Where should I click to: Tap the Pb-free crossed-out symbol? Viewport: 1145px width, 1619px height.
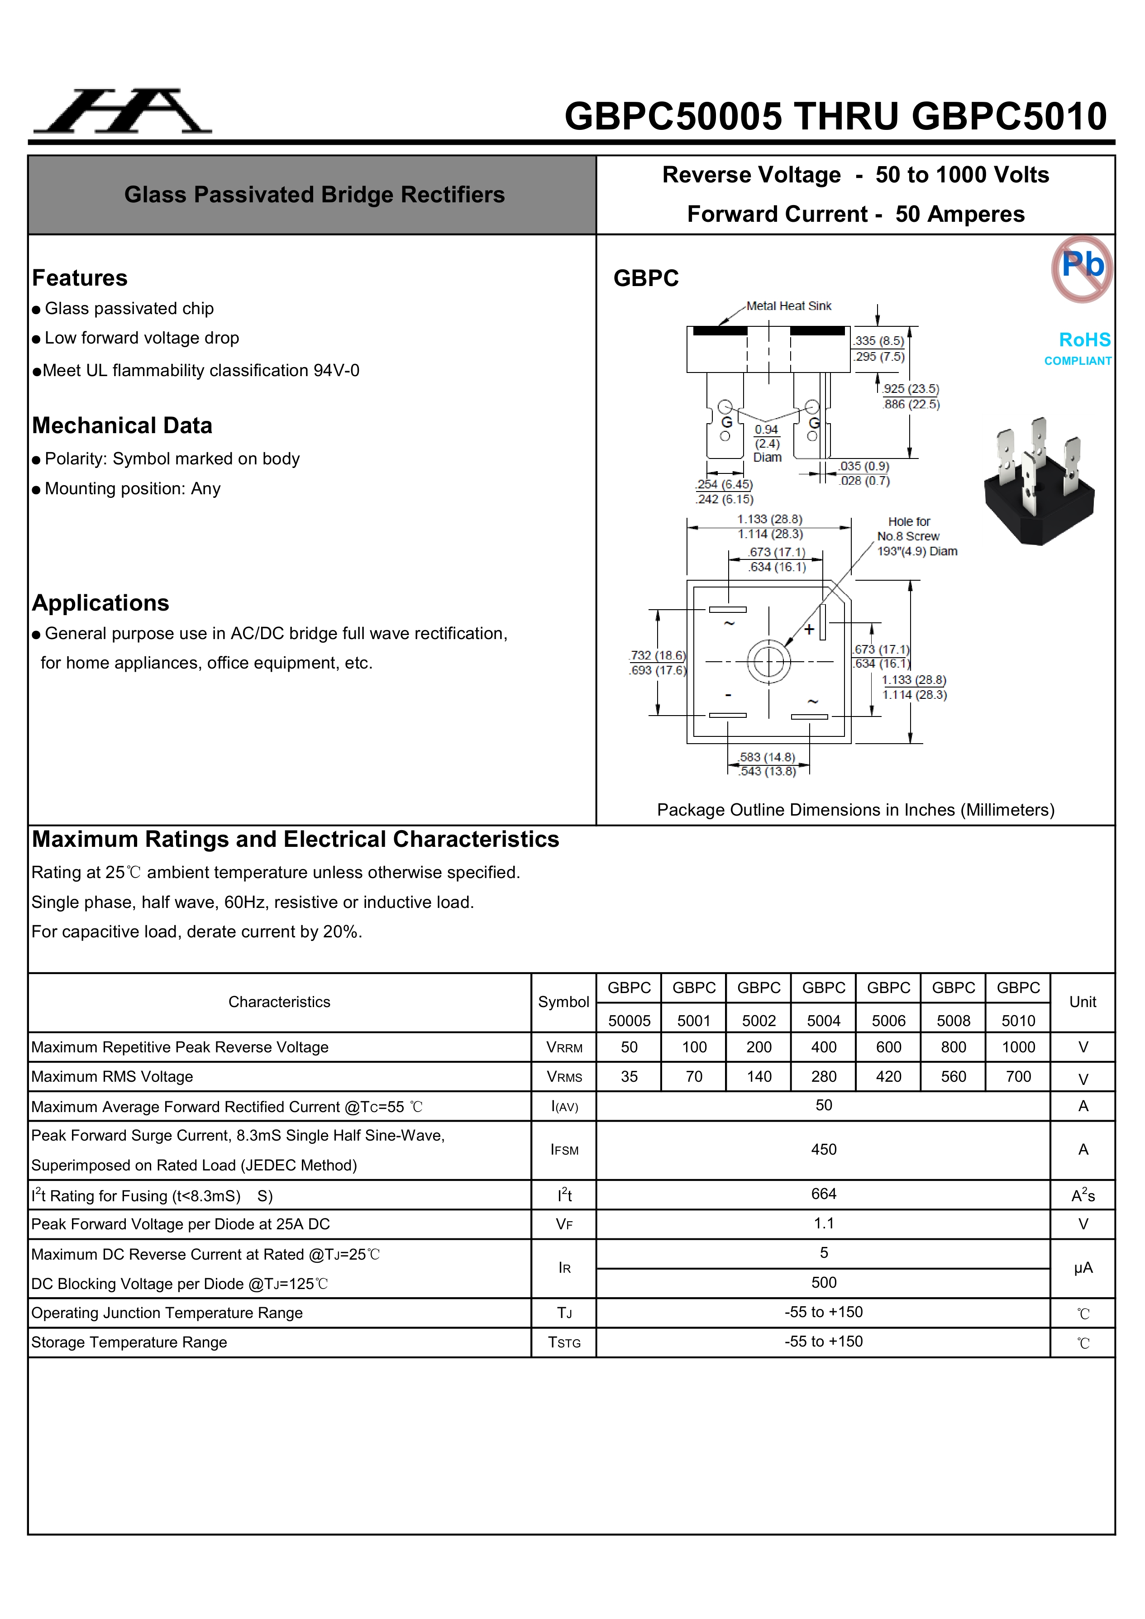pyautogui.click(x=1082, y=269)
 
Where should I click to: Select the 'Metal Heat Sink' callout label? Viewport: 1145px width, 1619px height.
pyautogui.click(x=789, y=306)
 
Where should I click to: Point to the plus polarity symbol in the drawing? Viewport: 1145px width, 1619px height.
pyautogui.click(x=809, y=629)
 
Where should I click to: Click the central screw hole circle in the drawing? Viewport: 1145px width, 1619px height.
pyautogui.click(x=768, y=661)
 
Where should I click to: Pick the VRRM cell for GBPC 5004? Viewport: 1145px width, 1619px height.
pyautogui.click(x=824, y=1047)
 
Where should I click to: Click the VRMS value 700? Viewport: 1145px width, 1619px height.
pyautogui.click(x=1018, y=1077)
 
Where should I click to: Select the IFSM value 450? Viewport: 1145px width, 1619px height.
pyautogui.click(x=824, y=1150)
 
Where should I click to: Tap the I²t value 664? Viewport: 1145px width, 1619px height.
pyautogui.click(x=824, y=1194)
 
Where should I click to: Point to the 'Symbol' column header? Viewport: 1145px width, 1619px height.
pyautogui.click(x=563, y=1002)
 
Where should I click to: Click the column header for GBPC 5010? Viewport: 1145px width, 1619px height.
pyautogui.click(x=1018, y=1003)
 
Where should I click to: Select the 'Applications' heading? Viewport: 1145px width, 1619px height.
pyautogui.click(x=101, y=603)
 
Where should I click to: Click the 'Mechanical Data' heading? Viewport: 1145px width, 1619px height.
pyautogui.click(x=122, y=426)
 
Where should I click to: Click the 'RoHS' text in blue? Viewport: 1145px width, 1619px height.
pyautogui.click(x=1084, y=340)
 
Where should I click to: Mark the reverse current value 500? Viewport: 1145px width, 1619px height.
pyautogui.click(x=824, y=1283)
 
